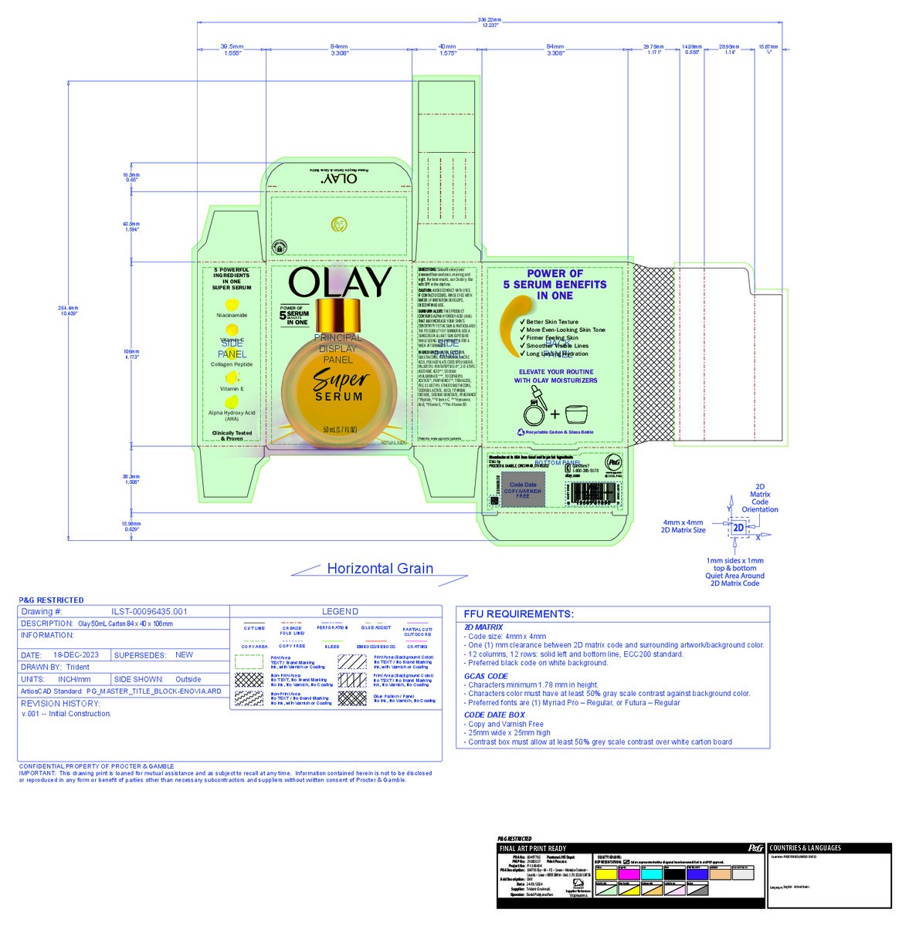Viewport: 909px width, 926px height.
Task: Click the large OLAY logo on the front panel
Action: click(x=340, y=283)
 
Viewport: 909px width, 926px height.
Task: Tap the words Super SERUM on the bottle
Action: click(x=340, y=386)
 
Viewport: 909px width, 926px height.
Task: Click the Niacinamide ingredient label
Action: click(x=232, y=316)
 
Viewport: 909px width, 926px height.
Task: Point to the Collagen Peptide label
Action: click(x=232, y=364)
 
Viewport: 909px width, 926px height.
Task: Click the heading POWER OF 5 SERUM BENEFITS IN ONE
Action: click(x=555, y=284)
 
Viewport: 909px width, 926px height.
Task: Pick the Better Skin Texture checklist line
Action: click(x=551, y=322)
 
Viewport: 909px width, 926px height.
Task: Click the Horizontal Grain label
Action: click(x=379, y=569)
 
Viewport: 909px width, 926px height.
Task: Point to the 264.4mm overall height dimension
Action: click(x=68, y=311)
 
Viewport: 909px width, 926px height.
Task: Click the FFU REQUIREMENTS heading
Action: click(x=518, y=614)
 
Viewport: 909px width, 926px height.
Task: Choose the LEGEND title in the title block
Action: click(x=340, y=612)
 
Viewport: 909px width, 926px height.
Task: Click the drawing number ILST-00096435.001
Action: click(x=149, y=612)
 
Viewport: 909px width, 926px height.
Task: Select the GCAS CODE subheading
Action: click(x=486, y=676)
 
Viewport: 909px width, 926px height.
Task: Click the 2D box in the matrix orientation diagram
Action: click(x=738, y=528)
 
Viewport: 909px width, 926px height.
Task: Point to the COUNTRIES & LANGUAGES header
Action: click(x=806, y=848)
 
